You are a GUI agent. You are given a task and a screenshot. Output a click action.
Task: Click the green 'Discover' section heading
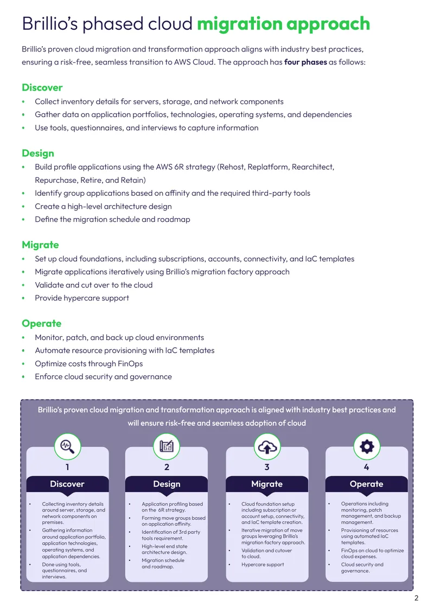[42, 87]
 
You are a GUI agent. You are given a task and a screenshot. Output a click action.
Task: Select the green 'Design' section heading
[38, 153]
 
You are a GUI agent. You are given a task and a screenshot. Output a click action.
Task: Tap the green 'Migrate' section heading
[40, 245]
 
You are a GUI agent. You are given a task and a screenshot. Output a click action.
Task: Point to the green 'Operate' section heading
[41, 323]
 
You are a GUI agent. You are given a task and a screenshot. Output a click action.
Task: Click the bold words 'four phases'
[305, 62]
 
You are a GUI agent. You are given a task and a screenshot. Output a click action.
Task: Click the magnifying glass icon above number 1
[67, 446]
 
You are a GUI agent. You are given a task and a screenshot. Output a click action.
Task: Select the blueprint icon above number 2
[167, 446]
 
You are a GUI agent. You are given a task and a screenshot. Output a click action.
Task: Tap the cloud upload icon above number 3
[267, 446]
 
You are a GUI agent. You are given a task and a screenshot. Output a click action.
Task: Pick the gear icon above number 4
[367, 446]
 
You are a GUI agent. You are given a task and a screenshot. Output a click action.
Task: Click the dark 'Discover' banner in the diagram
[67, 484]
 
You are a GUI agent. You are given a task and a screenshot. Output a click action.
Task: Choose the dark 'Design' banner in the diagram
[167, 484]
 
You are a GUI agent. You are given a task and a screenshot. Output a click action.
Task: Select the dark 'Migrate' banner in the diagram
[267, 484]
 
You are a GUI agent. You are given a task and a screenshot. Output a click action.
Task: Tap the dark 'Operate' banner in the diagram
[367, 484]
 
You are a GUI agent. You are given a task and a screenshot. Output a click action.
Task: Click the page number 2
[417, 598]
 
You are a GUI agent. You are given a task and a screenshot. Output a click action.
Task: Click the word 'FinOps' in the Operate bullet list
[130, 363]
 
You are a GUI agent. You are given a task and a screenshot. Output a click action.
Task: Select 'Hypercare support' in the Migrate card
[263, 565]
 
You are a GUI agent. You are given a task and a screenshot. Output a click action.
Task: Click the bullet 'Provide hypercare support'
[82, 298]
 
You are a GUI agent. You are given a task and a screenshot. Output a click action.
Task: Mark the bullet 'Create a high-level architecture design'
[103, 207]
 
